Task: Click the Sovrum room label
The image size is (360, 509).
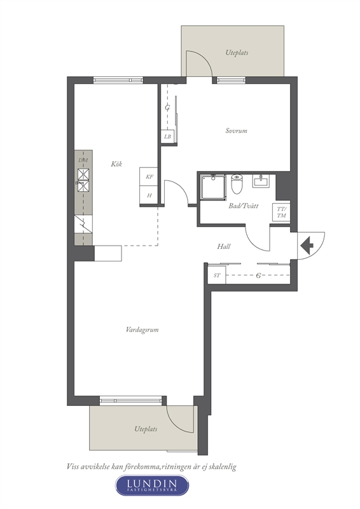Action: [237, 130]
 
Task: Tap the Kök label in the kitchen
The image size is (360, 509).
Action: [116, 164]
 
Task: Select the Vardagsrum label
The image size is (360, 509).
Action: [142, 330]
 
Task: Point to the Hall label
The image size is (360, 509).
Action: [224, 246]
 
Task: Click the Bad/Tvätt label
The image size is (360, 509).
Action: [243, 206]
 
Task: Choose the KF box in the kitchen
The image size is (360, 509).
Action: [149, 177]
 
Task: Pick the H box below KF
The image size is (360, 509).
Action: [149, 195]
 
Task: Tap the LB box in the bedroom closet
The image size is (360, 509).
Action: [167, 137]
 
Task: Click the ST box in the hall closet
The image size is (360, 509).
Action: [216, 275]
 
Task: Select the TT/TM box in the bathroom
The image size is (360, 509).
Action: [281, 213]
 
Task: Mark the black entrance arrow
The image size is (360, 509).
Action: [307, 246]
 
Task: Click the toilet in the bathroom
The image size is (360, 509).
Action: [237, 184]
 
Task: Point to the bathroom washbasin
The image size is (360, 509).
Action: [261, 181]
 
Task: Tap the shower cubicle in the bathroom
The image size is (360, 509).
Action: [213, 186]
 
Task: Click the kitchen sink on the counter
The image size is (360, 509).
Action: [83, 180]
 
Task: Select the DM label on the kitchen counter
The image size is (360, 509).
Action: [83, 160]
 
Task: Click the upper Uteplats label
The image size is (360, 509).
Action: [237, 52]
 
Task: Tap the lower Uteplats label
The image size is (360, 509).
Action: [146, 429]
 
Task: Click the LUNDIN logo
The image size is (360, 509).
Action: [152, 485]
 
